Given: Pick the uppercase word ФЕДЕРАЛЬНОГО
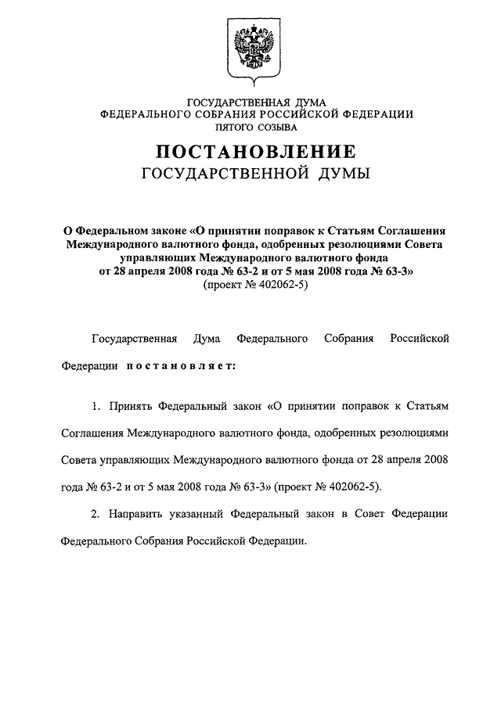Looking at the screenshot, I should coord(146,113).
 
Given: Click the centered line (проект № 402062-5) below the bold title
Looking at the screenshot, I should coord(251,286).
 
